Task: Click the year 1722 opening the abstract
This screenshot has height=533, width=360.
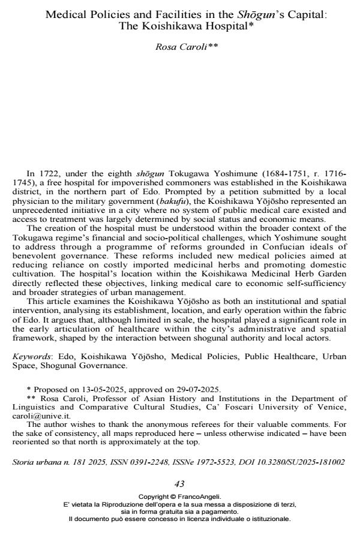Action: click(x=40, y=173)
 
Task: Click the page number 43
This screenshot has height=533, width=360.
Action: click(x=179, y=484)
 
